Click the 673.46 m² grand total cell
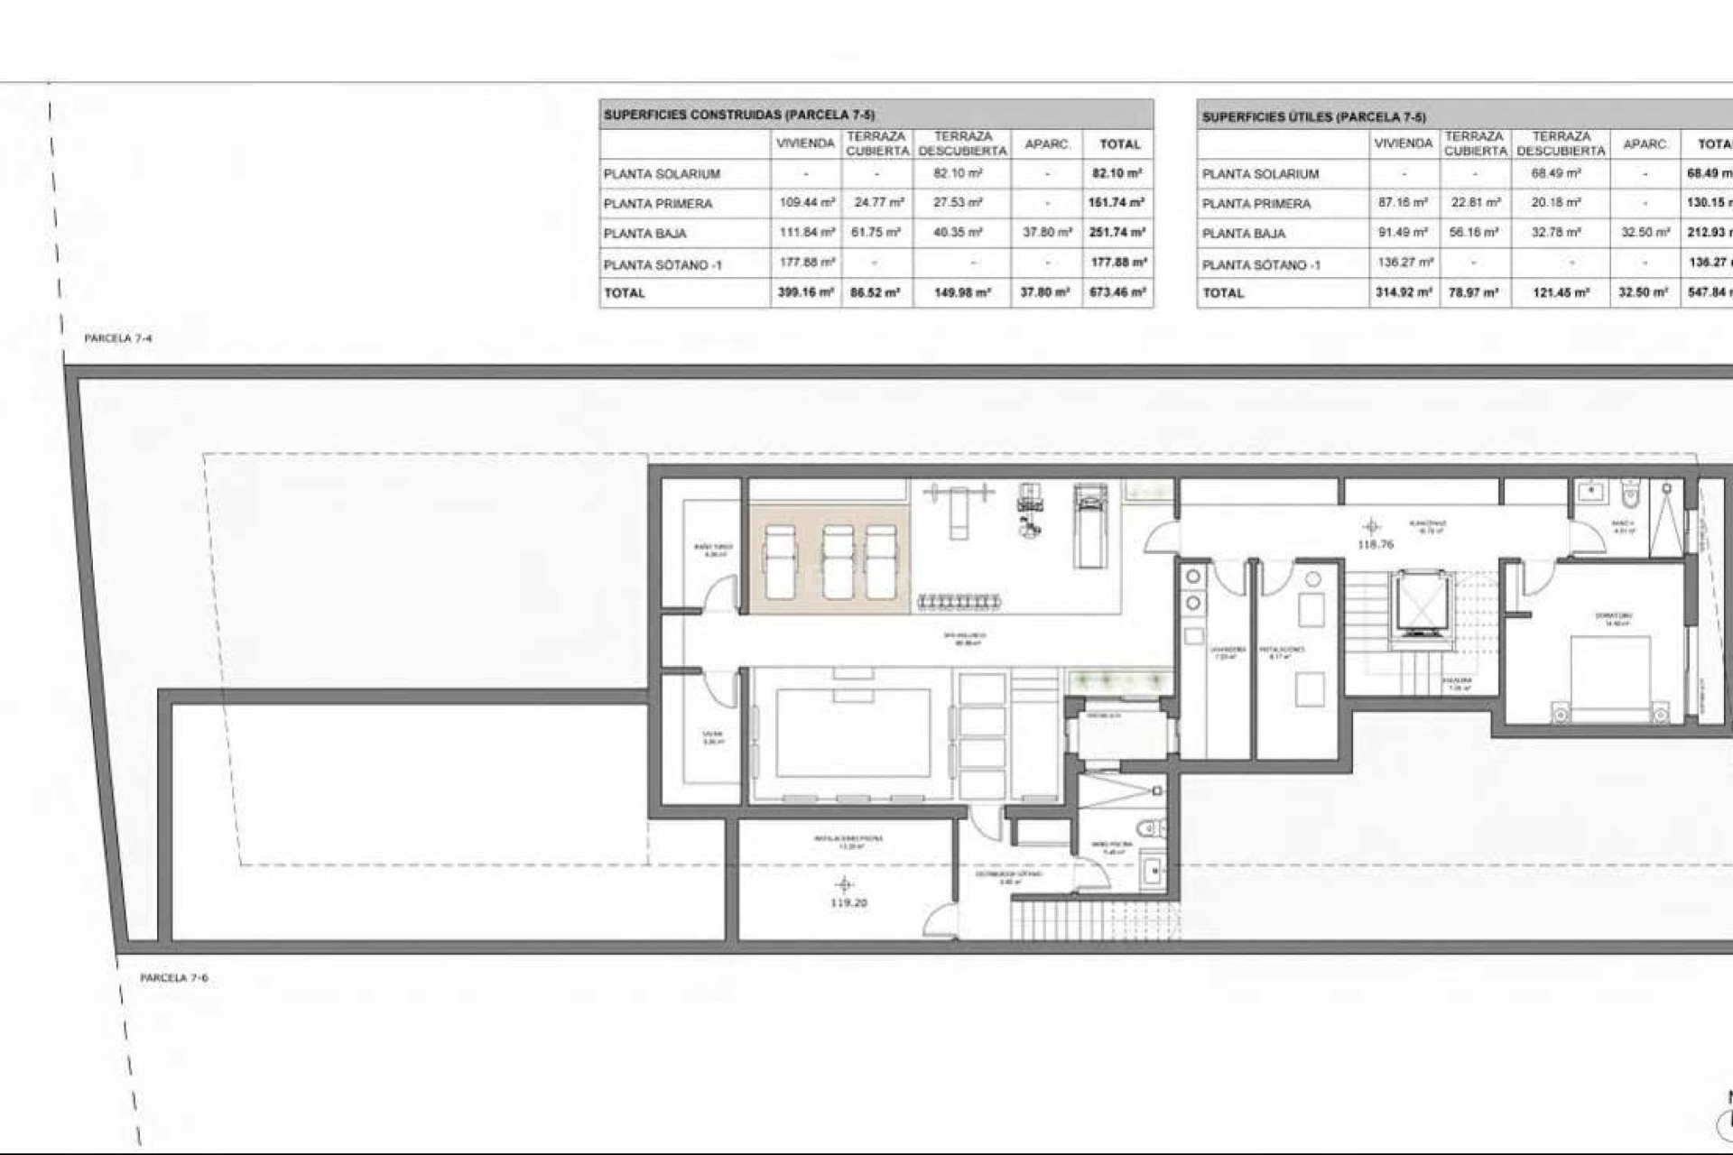(x=1117, y=292)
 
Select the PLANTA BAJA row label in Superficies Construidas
(x=645, y=234)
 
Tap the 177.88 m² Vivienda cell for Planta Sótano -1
(x=805, y=263)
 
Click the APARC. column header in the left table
(x=1047, y=144)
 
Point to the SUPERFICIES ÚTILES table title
(x=1313, y=117)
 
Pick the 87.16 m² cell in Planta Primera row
(x=1403, y=203)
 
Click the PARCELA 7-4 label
(x=118, y=338)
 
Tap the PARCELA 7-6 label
(x=174, y=978)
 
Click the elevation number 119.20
(x=848, y=902)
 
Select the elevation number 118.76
(x=1375, y=544)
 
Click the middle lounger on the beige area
(x=838, y=562)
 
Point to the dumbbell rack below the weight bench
(x=959, y=601)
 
